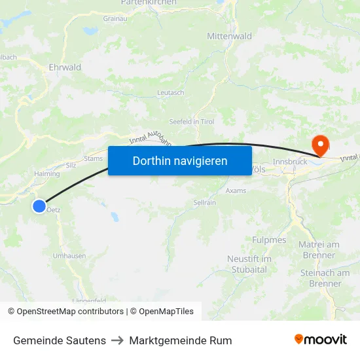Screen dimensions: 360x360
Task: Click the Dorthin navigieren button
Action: [180, 160]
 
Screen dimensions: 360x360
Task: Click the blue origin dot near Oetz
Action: [39, 206]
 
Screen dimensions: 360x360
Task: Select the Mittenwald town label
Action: [229, 37]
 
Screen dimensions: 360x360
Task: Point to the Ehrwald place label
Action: [65, 67]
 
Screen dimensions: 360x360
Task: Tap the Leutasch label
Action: [171, 93]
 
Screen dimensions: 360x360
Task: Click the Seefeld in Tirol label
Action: [192, 122]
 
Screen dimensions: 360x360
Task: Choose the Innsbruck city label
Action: [289, 162]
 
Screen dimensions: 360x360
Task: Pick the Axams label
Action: [236, 190]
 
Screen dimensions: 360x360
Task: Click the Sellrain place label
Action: [204, 204]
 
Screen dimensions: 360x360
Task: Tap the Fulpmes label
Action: [270, 240]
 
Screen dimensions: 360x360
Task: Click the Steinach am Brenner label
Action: [325, 278]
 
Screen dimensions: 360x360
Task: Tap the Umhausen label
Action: [69, 256]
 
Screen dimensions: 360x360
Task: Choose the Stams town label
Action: [94, 158]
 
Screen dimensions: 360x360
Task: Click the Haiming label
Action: [46, 174]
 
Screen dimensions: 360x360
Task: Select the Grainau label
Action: [115, 18]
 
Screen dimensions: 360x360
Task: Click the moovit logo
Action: [320, 340]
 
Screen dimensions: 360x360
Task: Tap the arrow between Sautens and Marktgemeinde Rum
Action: [118, 340]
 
